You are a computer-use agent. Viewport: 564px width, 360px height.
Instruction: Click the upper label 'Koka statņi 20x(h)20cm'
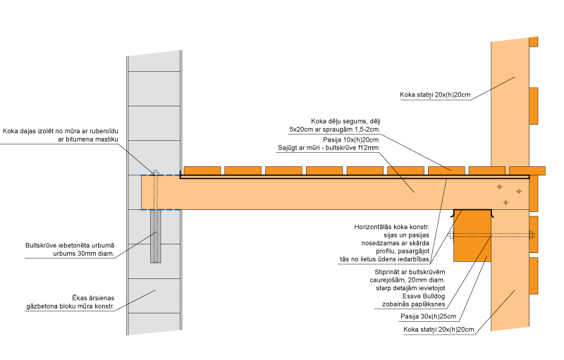coord(435,94)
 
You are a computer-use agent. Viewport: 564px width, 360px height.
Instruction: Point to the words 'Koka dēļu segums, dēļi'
coord(345,121)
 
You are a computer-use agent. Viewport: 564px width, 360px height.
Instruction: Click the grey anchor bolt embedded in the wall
coord(155,236)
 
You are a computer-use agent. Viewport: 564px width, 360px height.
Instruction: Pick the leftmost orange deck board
coord(202,170)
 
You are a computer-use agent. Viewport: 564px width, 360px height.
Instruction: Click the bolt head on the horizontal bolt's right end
coord(532,235)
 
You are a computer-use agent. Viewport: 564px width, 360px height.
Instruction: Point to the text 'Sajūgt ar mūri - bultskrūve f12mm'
coord(328,149)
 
